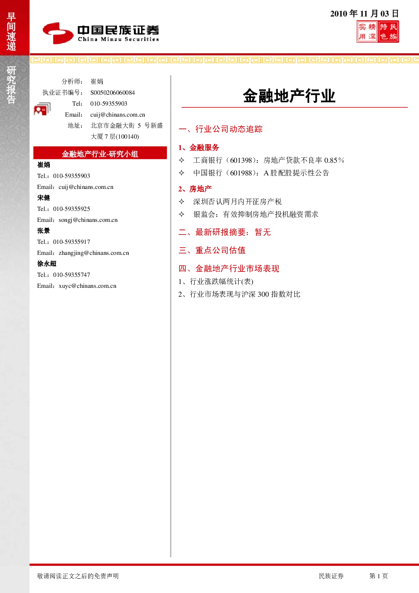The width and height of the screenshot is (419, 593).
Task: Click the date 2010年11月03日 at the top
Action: click(x=365, y=14)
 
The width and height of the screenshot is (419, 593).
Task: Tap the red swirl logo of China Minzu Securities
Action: click(x=58, y=33)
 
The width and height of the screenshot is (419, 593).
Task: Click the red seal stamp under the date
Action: click(x=378, y=32)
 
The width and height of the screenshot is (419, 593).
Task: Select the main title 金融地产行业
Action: click(x=289, y=96)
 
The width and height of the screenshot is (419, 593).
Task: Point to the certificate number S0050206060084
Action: click(x=112, y=93)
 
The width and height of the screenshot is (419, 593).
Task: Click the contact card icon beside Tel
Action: click(x=42, y=109)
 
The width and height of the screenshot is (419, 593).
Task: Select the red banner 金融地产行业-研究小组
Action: click(x=100, y=153)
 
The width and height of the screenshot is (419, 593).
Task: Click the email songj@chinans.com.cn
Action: click(x=88, y=220)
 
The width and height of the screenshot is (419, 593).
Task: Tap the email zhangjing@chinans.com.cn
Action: click(x=94, y=253)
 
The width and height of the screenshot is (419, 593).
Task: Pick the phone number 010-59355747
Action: click(x=72, y=275)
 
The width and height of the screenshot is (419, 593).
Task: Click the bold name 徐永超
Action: click(x=47, y=264)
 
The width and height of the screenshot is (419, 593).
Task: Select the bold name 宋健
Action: click(x=44, y=198)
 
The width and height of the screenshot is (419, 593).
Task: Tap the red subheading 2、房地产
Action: click(x=195, y=189)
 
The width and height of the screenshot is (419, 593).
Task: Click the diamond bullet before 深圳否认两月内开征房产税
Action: click(x=182, y=202)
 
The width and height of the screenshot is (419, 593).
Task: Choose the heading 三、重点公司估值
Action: click(x=212, y=250)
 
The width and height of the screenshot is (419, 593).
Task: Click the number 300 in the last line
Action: click(x=263, y=294)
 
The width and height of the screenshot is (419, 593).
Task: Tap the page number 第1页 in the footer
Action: click(x=378, y=576)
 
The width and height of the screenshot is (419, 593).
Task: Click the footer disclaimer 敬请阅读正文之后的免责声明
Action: click(x=78, y=576)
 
